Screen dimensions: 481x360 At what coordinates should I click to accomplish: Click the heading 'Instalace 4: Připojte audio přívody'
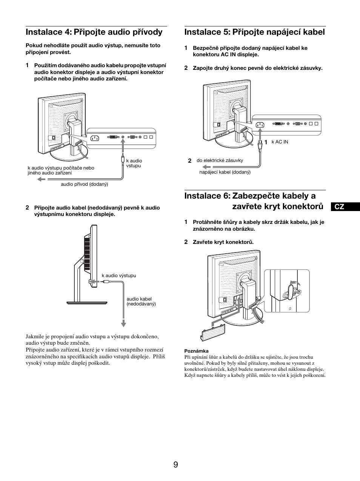(94, 32)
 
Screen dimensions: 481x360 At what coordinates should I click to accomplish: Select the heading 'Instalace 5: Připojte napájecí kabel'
(254, 32)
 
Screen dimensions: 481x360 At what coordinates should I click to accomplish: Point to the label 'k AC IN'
(280, 142)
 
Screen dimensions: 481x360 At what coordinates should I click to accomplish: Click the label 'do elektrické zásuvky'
(220, 160)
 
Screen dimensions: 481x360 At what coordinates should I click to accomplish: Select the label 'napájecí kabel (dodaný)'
(225, 172)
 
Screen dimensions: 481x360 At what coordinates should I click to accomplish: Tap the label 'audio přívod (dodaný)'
(85, 184)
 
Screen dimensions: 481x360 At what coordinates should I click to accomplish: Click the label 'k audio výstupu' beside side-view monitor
(119, 276)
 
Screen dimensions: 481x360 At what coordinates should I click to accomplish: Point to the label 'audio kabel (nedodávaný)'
(141, 301)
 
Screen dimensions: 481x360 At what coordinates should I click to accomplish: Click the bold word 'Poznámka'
(196, 351)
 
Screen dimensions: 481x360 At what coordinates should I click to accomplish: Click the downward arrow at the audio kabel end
(123, 323)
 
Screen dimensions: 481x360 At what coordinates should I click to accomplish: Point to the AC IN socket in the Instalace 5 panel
(260, 125)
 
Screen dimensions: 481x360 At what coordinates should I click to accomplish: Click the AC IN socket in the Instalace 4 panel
(94, 138)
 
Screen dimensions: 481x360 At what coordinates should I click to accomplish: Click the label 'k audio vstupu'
(134, 163)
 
